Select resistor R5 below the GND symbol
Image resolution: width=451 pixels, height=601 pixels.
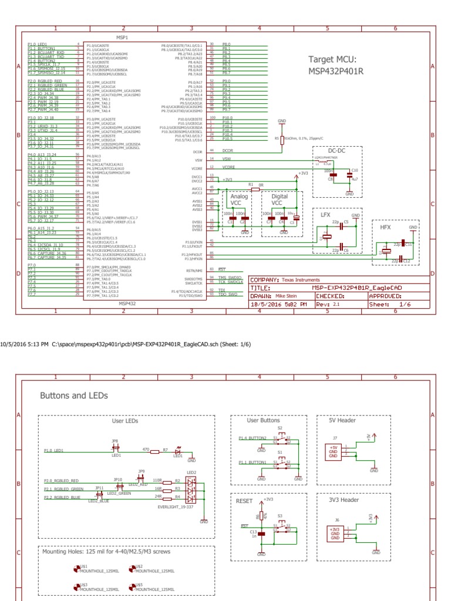click(281, 139)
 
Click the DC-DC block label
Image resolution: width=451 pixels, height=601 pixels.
click(336, 150)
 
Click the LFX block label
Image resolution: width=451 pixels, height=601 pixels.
click(325, 215)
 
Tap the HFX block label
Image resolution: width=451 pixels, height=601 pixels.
click(385, 227)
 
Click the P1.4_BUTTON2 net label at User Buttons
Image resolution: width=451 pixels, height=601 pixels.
click(253, 438)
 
